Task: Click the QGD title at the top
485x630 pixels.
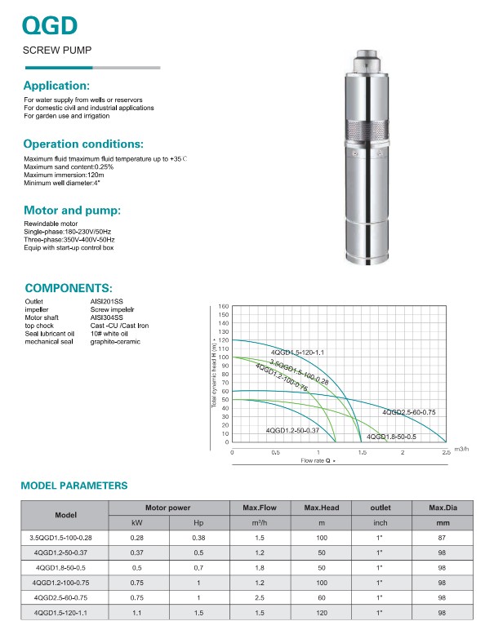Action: pos(50,26)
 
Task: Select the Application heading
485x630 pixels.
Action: pos(56,86)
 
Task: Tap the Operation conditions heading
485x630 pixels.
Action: pos(83,144)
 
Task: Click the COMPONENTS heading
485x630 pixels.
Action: pos(69,288)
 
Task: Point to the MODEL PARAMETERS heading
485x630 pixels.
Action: pos(74,486)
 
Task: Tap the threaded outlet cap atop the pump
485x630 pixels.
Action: pos(367,60)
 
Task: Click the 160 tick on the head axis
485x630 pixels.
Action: pos(224,306)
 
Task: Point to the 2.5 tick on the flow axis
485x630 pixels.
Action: pos(446,452)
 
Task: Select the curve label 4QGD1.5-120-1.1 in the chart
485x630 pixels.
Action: pos(297,353)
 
